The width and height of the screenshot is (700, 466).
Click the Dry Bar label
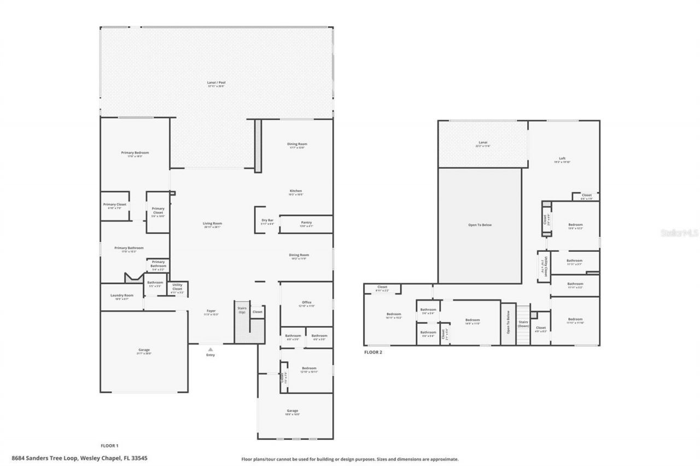(x=267, y=221)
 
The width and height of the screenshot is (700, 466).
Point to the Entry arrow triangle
(x=210, y=349)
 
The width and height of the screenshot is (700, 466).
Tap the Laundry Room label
(x=121, y=296)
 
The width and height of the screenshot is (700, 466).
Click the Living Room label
(x=212, y=224)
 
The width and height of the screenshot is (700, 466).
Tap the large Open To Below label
(x=480, y=225)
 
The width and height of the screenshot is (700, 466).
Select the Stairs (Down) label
(x=523, y=323)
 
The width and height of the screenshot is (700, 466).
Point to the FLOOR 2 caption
(x=373, y=352)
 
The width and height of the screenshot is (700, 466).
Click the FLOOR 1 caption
(x=109, y=445)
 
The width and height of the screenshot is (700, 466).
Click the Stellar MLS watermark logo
(x=679, y=233)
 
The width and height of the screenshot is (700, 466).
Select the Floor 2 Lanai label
(x=483, y=144)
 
